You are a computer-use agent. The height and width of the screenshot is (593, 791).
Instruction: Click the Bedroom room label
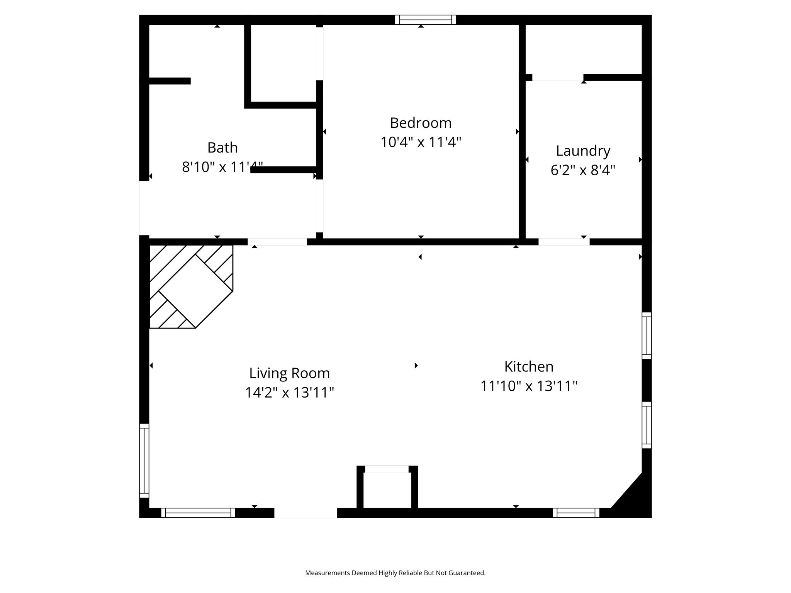tap(421, 123)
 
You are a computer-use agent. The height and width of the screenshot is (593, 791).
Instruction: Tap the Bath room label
tap(222, 147)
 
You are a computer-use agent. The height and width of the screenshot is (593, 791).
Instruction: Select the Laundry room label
tap(583, 151)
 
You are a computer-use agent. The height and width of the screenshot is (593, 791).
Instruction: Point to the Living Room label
tap(289, 373)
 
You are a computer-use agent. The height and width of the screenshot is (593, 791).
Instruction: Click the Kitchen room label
tap(529, 366)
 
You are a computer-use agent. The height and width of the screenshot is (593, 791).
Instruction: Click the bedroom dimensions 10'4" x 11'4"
tap(421, 142)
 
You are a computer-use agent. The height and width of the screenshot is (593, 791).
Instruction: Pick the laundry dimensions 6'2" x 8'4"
tap(583, 170)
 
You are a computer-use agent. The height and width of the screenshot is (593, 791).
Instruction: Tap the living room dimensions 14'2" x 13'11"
tap(289, 393)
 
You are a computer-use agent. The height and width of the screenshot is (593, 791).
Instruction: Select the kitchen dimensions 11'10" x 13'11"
tap(529, 386)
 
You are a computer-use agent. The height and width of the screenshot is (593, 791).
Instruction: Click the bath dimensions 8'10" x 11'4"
tap(222, 167)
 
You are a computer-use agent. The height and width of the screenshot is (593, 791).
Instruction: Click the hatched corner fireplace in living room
tap(191, 286)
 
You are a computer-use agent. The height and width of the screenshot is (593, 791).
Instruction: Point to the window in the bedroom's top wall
tap(425, 20)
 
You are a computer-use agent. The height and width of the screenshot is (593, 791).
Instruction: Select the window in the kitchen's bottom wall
tap(576, 513)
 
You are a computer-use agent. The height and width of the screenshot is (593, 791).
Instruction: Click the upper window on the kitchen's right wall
tap(647, 335)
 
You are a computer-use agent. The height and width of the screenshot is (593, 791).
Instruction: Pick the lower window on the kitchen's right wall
tap(647, 425)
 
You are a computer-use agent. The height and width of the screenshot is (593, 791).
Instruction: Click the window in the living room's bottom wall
tap(198, 513)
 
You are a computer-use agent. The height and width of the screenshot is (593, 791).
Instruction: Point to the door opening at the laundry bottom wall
tap(564, 242)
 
